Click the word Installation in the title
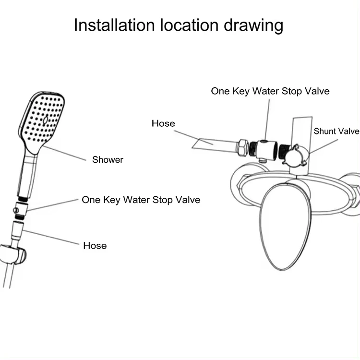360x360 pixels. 114,25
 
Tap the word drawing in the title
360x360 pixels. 253,26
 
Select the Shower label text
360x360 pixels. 108,160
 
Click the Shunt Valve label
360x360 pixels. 336,132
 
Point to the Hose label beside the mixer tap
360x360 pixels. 163,123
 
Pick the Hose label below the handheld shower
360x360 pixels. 95,246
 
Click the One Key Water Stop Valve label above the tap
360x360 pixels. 270,91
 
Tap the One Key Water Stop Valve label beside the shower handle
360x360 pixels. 141,200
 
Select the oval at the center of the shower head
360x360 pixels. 46,120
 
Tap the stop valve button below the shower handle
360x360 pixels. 16,210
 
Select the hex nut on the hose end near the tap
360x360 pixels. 243,148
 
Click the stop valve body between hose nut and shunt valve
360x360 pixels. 266,149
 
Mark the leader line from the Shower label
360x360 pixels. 64,153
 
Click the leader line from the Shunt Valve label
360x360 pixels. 324,146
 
